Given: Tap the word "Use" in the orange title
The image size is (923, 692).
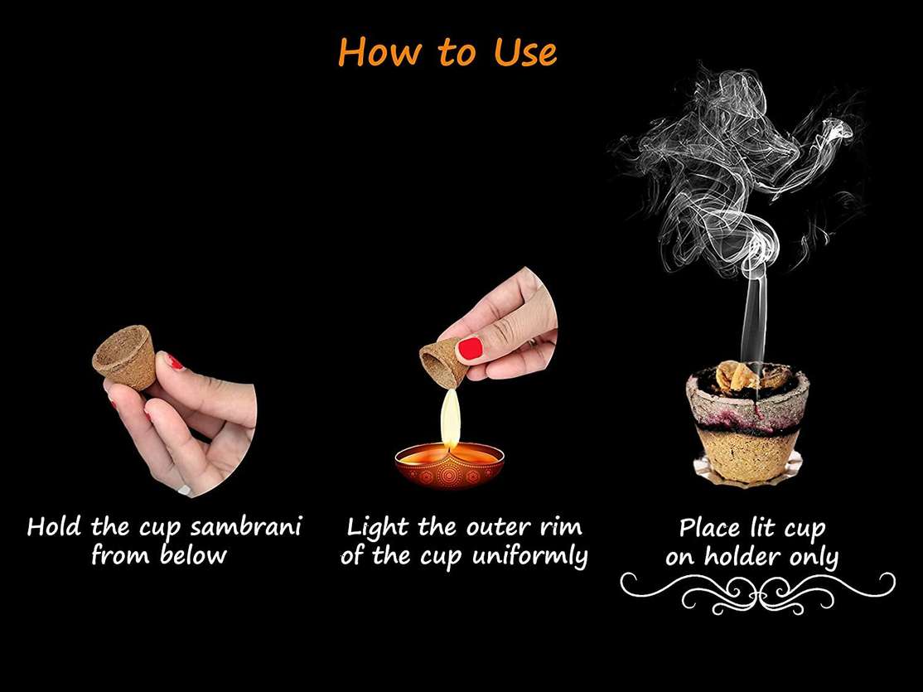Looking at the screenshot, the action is pos(525,52).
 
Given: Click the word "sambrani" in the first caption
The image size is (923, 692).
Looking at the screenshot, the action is pos(245,526).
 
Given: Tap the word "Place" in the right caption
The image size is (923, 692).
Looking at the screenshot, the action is pos(709,528).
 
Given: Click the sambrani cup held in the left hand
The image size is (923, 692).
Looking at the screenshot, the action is pos(125,356).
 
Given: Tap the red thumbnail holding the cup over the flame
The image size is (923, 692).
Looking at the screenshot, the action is pos(471,349).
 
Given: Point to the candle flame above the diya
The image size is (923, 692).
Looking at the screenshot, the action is pos(451,419).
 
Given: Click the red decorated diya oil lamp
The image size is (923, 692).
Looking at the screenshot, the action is pos(450,465).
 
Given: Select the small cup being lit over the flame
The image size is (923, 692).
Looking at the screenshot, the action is pos(444,363).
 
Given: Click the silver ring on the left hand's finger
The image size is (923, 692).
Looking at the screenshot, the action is pos(186,491).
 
